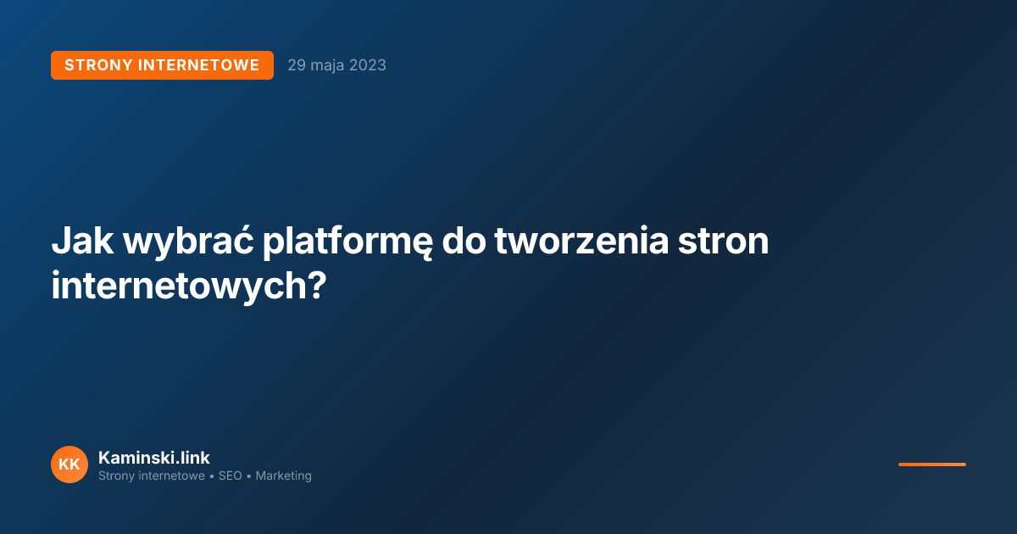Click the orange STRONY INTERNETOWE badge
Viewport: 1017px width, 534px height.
pyautogui.click(x=162, y=65)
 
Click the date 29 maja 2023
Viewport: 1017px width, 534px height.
pyautogui.click(x=336, y=65)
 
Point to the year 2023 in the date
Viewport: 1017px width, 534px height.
pyautogui.click(x=368, y=65)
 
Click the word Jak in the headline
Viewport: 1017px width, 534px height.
pyautogui.click(x=81, y=242)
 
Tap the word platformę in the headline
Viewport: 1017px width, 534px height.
pyautogui.click(x=347, y=243)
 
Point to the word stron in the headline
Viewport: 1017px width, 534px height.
pyautogui.click(x=723, y=242)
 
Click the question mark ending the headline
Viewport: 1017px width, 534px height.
pyautogui.click(x=314, y=286)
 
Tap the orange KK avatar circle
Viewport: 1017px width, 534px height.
pyautogui.click(x=69, y=464)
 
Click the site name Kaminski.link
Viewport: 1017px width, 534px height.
pyautogui.click(x=154, y=458)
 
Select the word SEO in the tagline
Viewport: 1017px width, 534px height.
pyautogui.click(x=230, y=476)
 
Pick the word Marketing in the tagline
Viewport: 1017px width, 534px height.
pyautogui.click(x=283, y=476)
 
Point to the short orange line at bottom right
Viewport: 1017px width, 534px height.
pyautogui.click(x=931, y=464)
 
